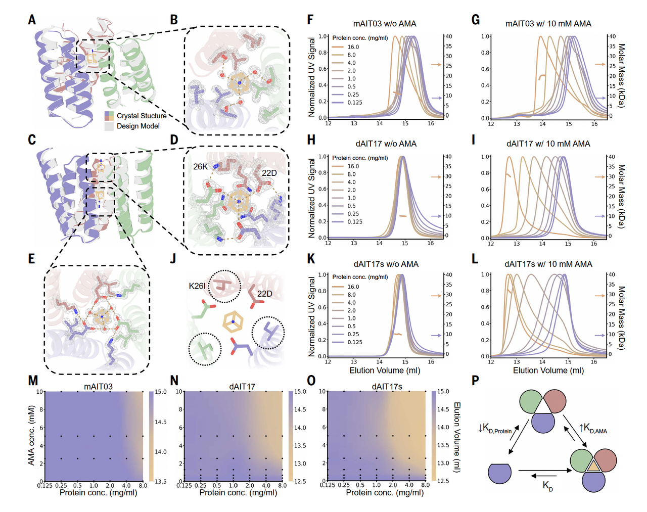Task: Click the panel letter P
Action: (476, 381)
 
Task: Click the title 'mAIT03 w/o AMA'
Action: (385, 24)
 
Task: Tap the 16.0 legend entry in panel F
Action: (353, 47)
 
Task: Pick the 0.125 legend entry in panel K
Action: (354, 342)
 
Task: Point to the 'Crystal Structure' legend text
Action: (142, 116)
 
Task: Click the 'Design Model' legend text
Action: (138, 126)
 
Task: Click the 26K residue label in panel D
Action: (200, 167)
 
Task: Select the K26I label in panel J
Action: (197, 286)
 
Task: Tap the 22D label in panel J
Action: (264, 294)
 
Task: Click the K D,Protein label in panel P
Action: (496, 429)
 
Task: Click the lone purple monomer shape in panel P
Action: (500, 473)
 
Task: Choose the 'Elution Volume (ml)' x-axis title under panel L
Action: (548, 370)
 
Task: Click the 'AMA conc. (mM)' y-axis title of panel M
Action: (32, 435)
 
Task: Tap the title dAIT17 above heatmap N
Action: (242, 387)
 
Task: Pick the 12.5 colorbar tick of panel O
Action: (443, 481)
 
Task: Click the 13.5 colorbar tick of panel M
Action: (161, 481)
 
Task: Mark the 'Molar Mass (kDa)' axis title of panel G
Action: (622, 76)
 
